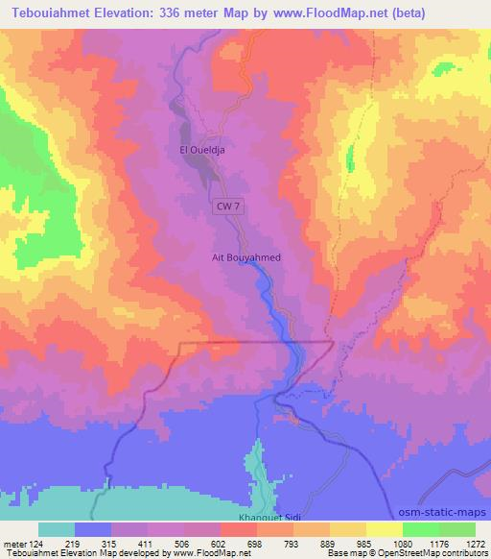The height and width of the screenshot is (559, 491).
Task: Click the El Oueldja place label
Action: tap(200, 150)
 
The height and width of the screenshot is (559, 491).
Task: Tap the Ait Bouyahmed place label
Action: tap(245, 257)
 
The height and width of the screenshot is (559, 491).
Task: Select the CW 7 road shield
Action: tap(225, 207)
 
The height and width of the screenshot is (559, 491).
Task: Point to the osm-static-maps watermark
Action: tap(442, 510)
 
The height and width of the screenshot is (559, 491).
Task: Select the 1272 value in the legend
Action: tap(475, 543)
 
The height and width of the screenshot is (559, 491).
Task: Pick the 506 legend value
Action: tap(183, 543)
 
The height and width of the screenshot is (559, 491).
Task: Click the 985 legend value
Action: tap(365, 543)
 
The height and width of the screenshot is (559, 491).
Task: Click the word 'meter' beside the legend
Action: tap(14, 543)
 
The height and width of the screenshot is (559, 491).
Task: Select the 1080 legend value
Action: tap(402, 543)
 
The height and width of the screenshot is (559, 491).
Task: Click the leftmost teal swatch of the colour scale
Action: tap(57, 529)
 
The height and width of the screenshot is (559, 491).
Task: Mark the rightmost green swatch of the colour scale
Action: tap(456, 529)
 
